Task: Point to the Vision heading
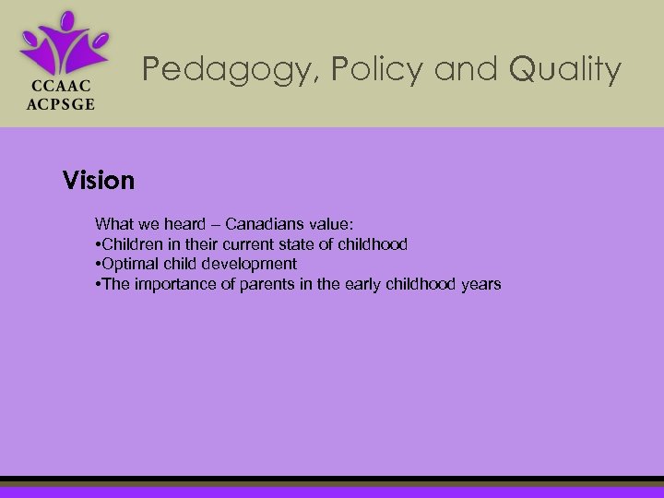(x=99, y=180)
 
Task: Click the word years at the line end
(x=480, y=284)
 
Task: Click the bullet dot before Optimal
(x=98, y=265)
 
